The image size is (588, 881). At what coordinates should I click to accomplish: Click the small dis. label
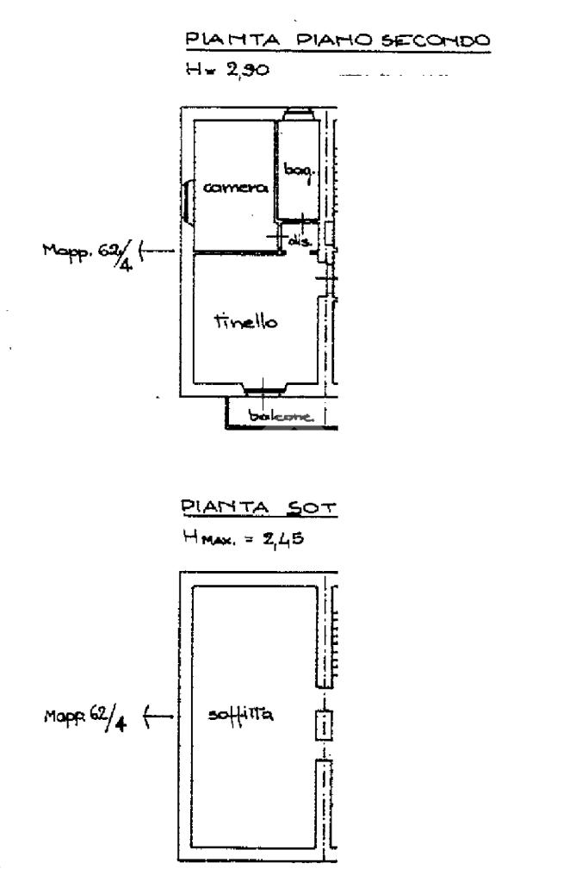[x=298, y=243]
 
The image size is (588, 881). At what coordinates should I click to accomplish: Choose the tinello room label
[x=245, y=322]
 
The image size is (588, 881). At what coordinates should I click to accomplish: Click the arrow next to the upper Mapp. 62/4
[x=157, y=251]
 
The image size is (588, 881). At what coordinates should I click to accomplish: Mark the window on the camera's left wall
[x=186, y=203]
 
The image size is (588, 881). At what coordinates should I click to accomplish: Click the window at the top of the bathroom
[x=300, y=115]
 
